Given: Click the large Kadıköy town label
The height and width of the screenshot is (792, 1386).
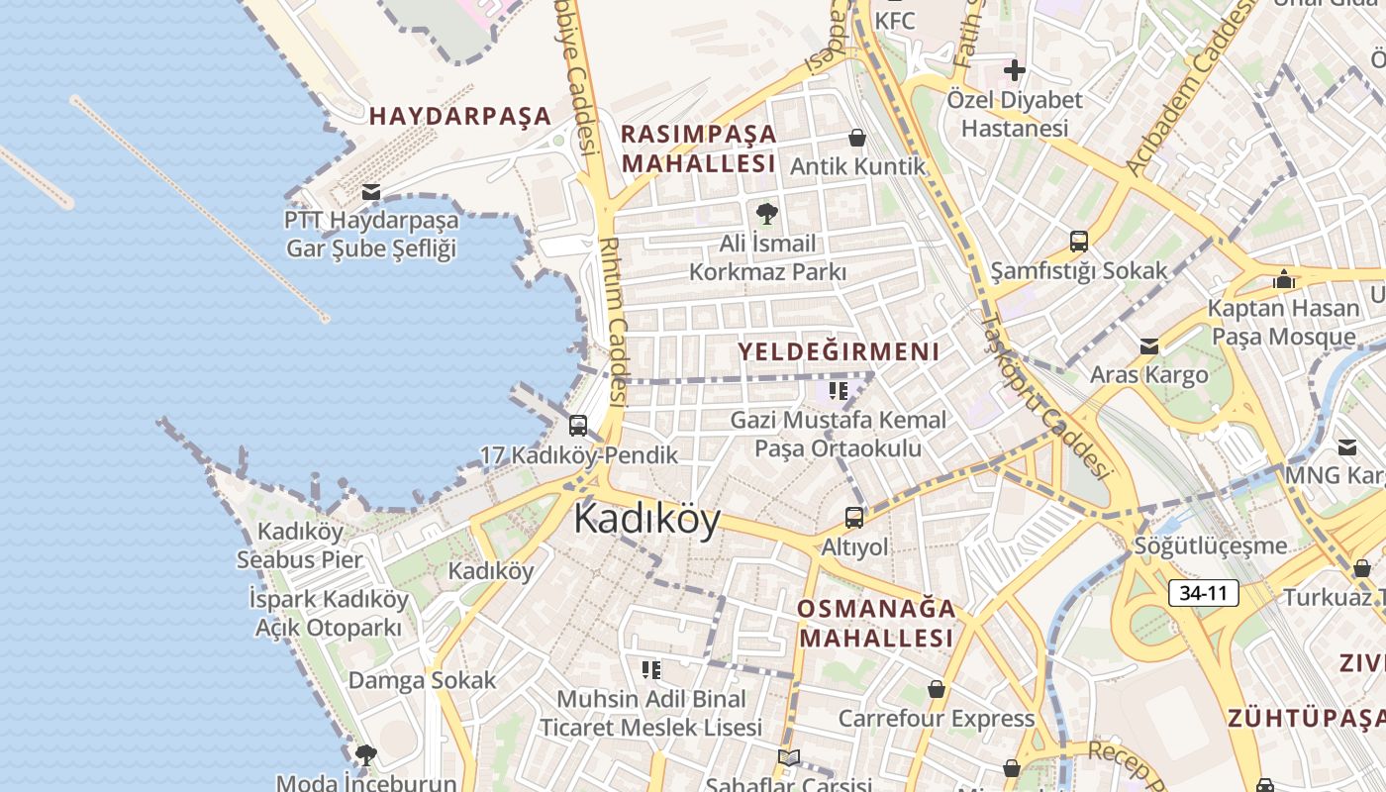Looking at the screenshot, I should (x=647, y=519).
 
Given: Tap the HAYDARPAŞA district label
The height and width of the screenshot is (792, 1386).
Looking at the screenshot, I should (x=460, y=116).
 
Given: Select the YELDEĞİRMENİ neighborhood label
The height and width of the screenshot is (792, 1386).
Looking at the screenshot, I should (x=839, y=351).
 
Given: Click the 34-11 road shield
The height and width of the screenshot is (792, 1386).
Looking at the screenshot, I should (x=1204, y=593).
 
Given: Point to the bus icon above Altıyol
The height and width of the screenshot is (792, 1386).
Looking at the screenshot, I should (x=853, y=517).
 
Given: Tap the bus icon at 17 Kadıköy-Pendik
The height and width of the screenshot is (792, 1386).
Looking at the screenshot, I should (x=578, y=426).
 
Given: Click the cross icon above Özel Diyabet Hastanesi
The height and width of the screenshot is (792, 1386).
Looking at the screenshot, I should (x=1014, y=70).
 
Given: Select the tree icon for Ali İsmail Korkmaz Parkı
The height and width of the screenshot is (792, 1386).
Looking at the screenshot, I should (x=766, y=213).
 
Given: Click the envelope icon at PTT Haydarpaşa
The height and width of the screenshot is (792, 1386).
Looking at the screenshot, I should (x=371, y=191).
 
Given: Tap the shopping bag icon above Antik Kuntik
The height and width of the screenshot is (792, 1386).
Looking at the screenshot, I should (x=857, y=138).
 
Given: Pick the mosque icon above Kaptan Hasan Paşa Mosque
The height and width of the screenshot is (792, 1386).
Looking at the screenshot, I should (x=1284, y=278).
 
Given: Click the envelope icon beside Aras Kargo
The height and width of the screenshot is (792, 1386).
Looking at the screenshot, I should (x=1148, y=346).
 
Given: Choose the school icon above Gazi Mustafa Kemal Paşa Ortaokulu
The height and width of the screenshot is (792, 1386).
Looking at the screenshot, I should (x=839, y=390).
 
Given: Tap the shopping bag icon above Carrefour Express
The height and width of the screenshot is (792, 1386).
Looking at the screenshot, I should (x=936, y=688).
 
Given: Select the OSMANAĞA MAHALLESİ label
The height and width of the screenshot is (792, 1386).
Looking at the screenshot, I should (x=877, y=623).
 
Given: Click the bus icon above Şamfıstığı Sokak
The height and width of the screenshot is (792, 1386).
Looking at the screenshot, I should (x=1078, y=241).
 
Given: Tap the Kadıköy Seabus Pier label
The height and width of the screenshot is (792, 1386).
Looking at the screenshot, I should (x=300, y=545).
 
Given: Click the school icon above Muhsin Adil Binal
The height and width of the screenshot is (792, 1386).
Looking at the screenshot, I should (x=650, y=670).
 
